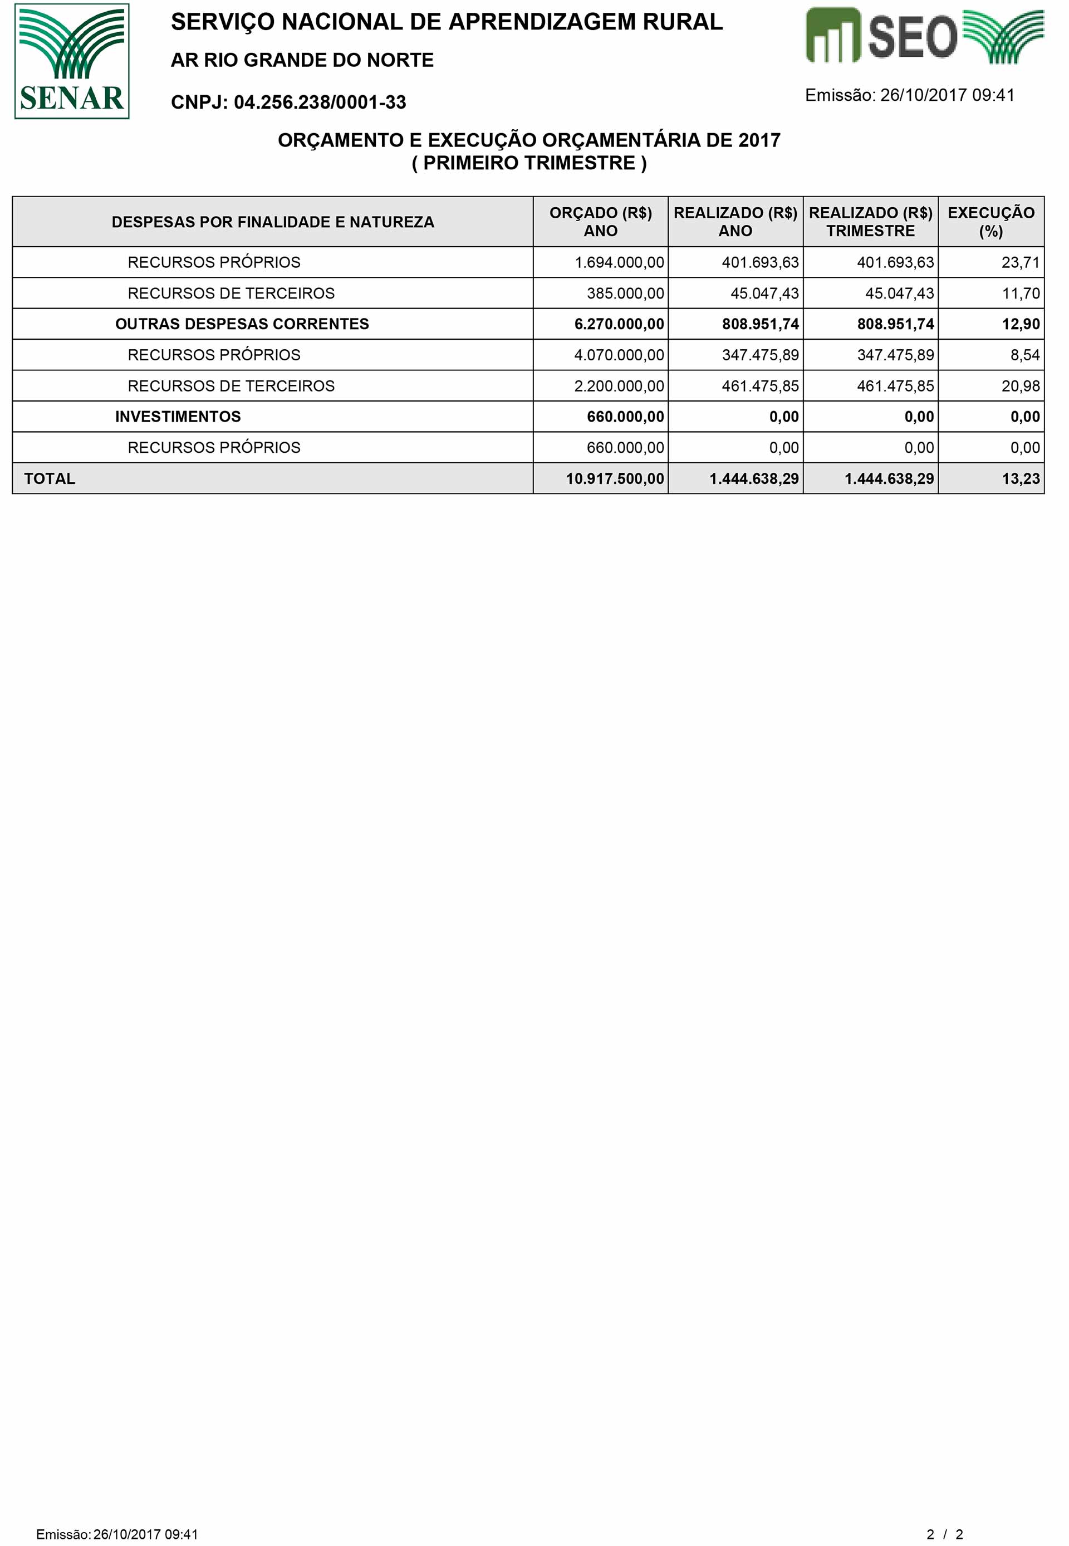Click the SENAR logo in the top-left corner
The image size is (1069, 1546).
72,61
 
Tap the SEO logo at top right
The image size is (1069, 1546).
924,36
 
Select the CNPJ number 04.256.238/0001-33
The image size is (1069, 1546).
320,102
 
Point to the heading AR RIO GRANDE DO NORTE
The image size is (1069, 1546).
302,60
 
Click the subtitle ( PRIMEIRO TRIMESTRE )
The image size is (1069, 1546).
529,163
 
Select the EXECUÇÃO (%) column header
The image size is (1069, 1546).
990,222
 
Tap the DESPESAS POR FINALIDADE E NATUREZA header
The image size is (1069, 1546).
273,222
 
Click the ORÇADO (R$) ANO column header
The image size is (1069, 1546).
600,222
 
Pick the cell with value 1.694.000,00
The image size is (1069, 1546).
619,262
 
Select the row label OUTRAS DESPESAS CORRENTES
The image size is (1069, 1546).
242,324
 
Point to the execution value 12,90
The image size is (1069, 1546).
1020,324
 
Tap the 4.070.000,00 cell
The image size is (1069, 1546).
619,355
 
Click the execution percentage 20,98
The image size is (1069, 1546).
1020,386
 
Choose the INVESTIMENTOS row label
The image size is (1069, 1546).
178,417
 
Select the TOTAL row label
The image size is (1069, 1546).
50,478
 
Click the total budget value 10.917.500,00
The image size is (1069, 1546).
614,478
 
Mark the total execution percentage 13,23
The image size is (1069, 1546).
1020,478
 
